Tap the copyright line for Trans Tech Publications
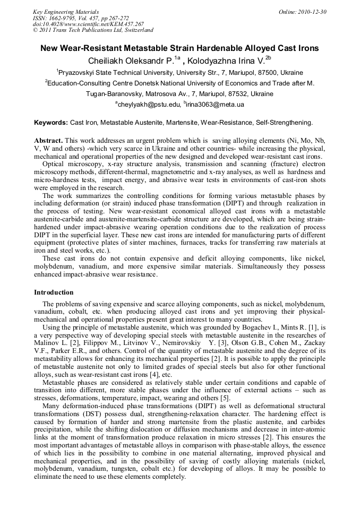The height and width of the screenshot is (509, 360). click(x=93, y=30)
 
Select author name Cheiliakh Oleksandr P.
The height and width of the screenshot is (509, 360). click(x=131, y=61)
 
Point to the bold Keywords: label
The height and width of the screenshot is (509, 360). click(x=51, y=123)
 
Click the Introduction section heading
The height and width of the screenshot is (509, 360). click(x=54, y=292)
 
